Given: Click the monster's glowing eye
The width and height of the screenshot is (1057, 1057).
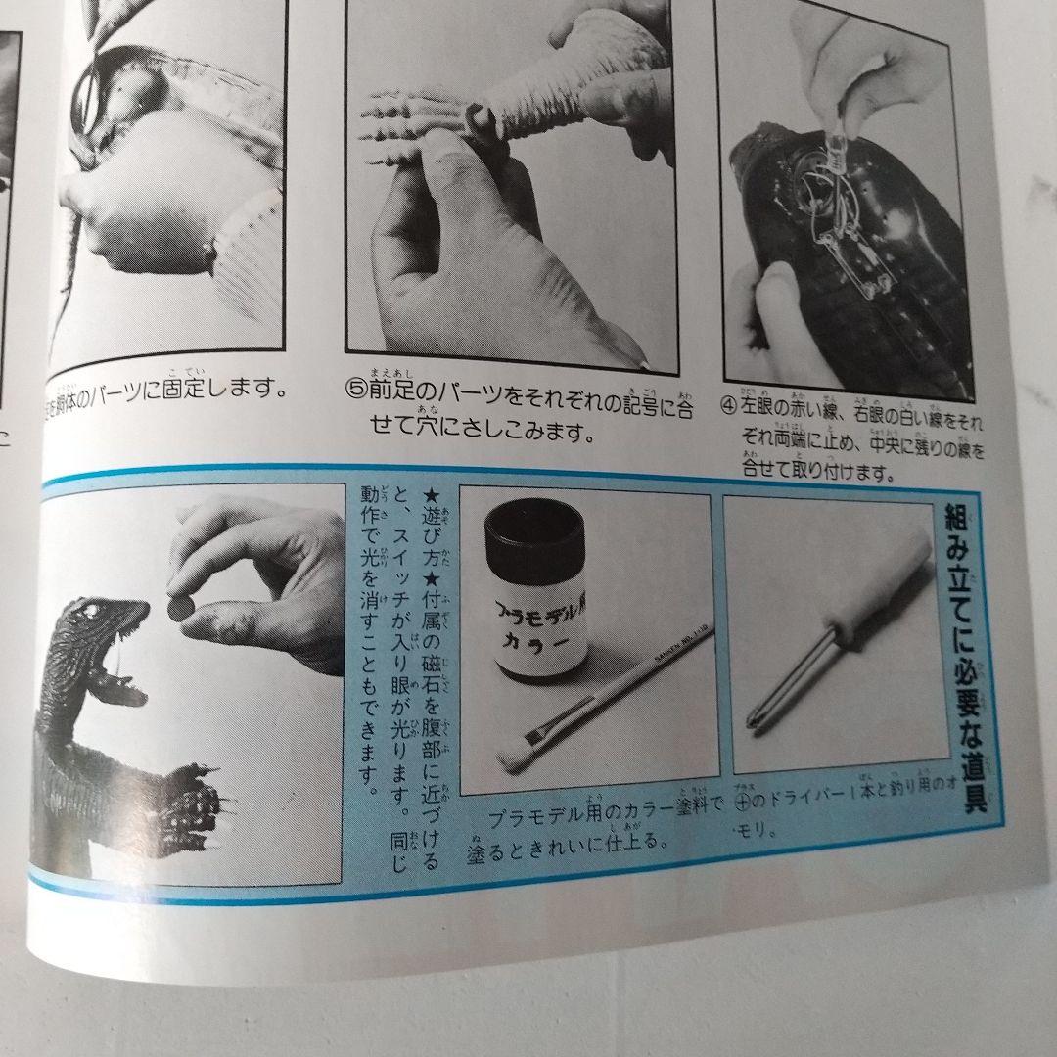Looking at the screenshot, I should tap(95, 614).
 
